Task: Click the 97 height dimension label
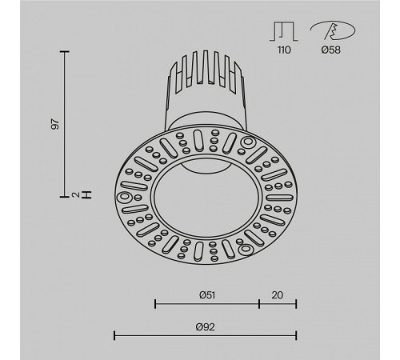point(55,124)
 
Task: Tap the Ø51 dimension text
point(207,295)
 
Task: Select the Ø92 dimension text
point(205,326)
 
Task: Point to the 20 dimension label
point(278,295)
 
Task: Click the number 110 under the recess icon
point(284,50)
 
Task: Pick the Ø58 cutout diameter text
point(330,50)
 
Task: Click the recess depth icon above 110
point(283,31)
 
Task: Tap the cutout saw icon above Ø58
point(333,30)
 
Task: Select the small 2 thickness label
point(76,195)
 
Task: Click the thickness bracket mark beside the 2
point(86,195)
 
